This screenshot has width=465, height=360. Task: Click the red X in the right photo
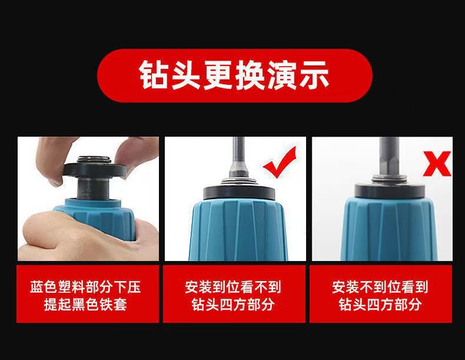pyautogui.click(x=437, y=164)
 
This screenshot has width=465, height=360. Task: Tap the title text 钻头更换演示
pyautogui.click(x=234, y=75)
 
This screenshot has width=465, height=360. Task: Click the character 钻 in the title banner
pyautogui.click(x=153, y=75)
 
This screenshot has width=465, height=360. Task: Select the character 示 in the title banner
pyautogui.click(x=315, y=75)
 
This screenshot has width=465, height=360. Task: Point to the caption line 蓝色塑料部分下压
pyautogui.click(x=85, y=287)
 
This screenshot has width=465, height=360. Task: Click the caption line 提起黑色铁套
pyautogui.click(x=85, y=305)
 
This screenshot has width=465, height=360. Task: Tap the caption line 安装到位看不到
pyautogui.click(x=233, y=287)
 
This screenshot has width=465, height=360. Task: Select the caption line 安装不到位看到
pyautogui.click(x=380, y=287)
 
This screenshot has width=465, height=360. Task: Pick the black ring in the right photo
pyautogui.click(x=390, y=190)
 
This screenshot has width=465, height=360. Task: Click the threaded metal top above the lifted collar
pyautogui.click(x=94, y=160)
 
